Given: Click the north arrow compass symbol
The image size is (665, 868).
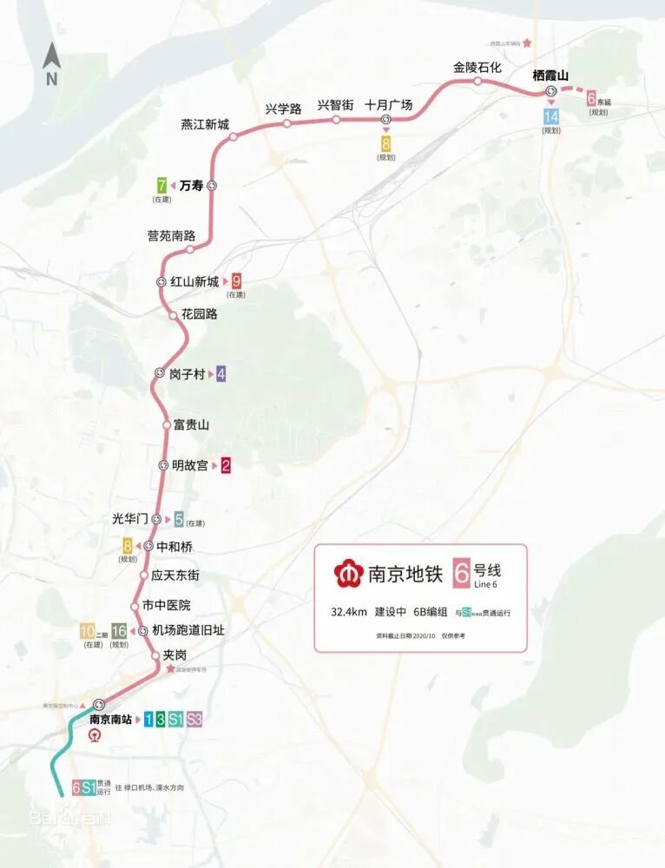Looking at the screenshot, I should point(51,64).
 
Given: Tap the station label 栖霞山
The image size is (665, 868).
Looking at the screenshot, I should point(550,76).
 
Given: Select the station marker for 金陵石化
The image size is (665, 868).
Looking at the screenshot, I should point(477,82).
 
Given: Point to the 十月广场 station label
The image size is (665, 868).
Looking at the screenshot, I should point(388,105).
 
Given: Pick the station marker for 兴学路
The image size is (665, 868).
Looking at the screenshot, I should point(286,123).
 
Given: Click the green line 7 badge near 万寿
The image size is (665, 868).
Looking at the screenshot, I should point(162,185).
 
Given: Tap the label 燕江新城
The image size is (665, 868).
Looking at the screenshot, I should point(205,124).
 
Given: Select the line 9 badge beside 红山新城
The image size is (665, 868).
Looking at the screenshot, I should point(236,280).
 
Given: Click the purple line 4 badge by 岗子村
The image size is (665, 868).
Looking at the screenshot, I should point(221,374).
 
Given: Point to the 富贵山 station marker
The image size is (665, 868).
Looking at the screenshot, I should point(168,425).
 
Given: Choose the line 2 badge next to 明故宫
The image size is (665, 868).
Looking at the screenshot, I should point(226,465).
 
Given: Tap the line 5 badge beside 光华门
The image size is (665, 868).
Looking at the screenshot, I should point(179,520).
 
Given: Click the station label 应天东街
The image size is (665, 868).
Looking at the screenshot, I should point(175,575).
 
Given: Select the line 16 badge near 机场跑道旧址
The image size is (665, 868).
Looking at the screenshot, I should point(119,631).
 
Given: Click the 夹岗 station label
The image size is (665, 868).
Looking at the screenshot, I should point(174,655).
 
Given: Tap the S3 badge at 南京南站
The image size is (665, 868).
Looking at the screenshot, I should point(194,719).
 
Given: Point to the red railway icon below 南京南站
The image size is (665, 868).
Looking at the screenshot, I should point(97,736).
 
